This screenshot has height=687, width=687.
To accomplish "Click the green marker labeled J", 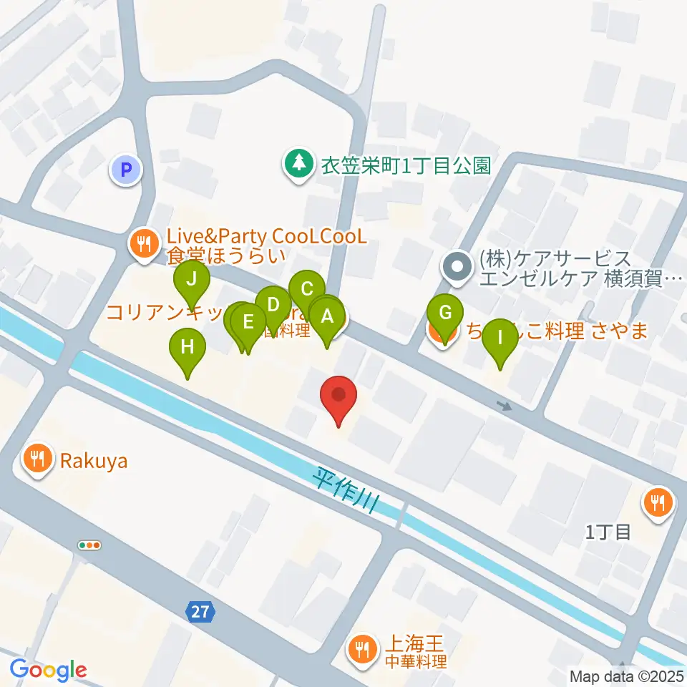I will [191, 280].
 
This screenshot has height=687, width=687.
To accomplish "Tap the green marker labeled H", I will [187, 347].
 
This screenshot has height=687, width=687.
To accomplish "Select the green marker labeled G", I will [445, 313].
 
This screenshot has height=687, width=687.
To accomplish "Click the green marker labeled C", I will [307, 289].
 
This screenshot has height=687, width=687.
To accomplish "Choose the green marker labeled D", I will [273, 304].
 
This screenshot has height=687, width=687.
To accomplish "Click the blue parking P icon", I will [126, 170].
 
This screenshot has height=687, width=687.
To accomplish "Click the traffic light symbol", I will [89, 545].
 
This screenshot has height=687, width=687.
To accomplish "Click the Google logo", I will [48, 670].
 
